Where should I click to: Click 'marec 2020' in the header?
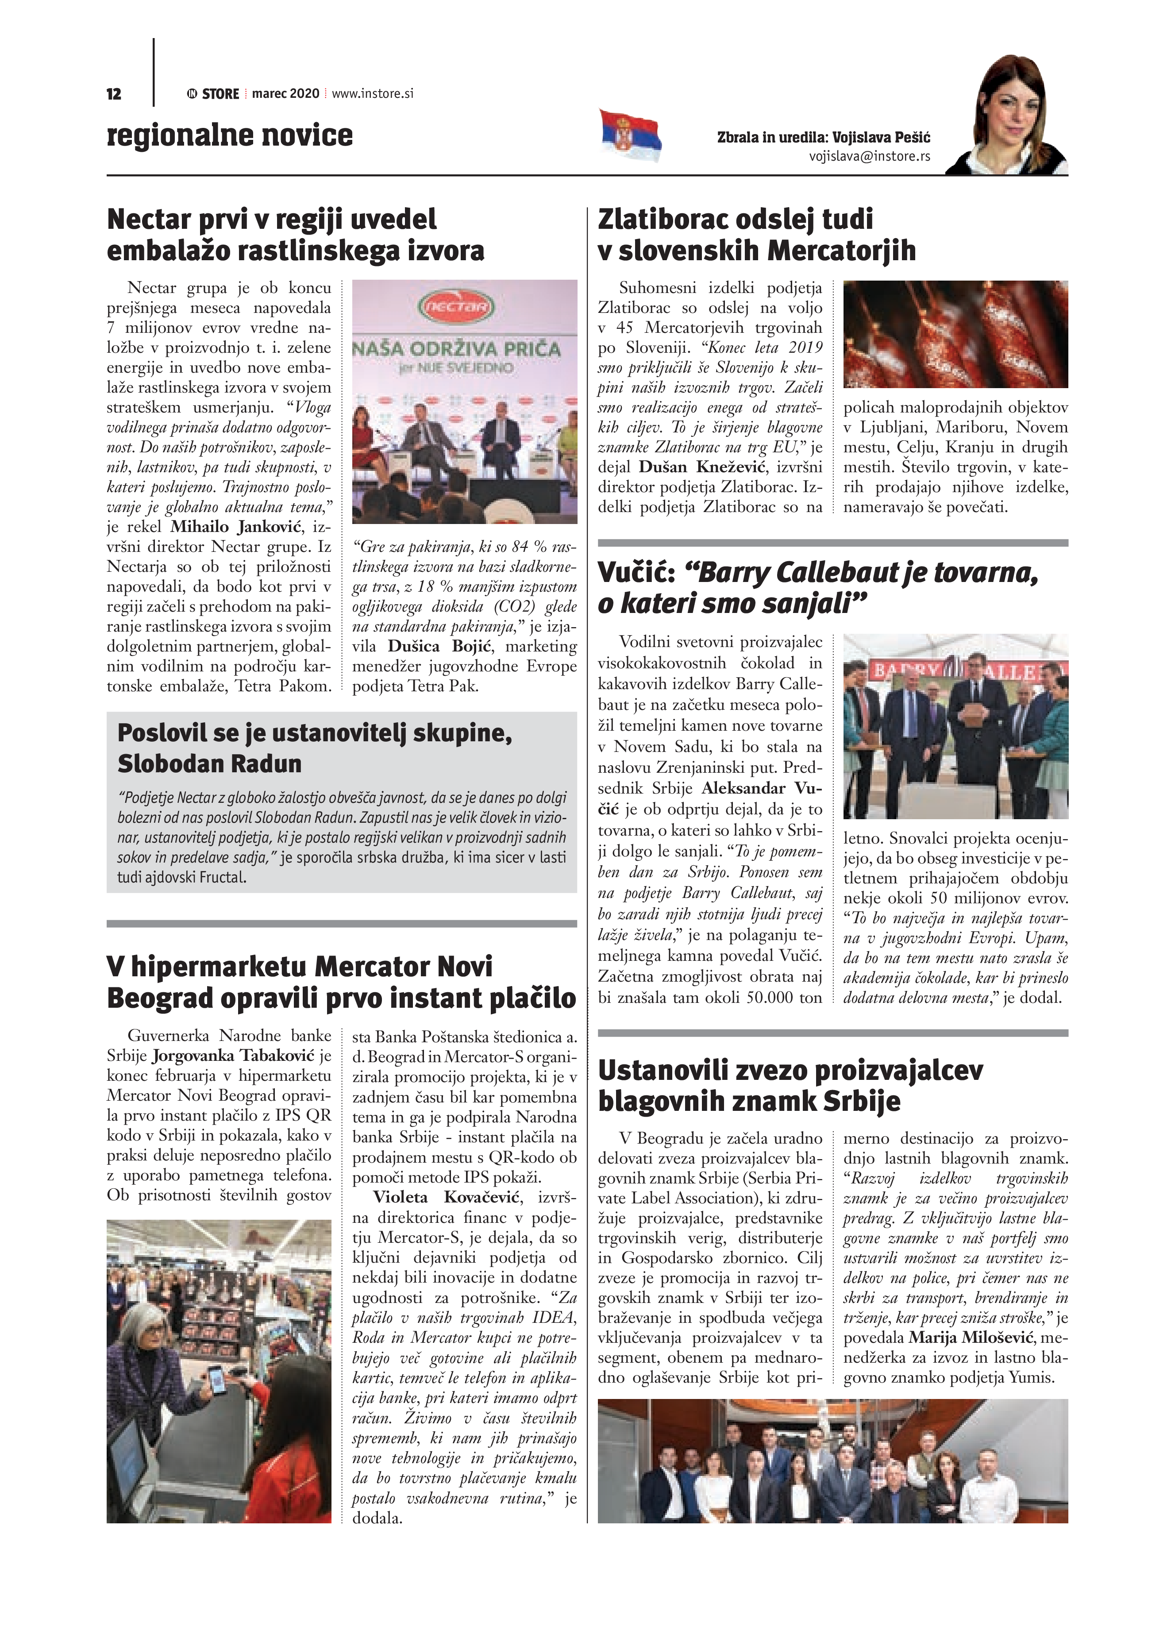[x=285, y=93]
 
